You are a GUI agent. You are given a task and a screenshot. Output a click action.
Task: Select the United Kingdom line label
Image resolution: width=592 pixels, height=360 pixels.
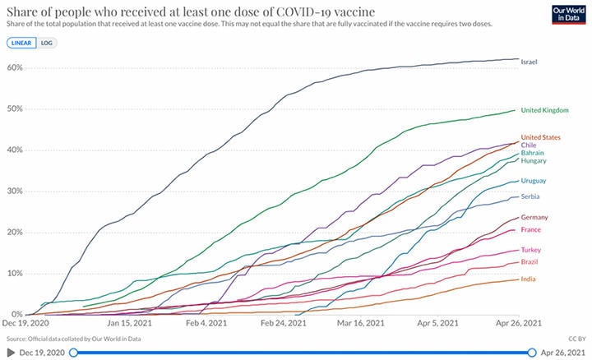click(545, 111)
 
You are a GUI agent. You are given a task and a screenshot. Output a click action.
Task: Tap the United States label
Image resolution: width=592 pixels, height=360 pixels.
click(541, 136)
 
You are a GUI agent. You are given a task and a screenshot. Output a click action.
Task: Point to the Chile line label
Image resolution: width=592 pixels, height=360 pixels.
click(529, 145)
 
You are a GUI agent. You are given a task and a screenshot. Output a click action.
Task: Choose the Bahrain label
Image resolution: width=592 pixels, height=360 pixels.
click(532, 153)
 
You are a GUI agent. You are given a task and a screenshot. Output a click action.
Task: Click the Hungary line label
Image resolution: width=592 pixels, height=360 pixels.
click(533, 161)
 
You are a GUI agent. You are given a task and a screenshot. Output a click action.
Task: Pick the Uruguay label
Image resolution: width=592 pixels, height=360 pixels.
click(534, 180)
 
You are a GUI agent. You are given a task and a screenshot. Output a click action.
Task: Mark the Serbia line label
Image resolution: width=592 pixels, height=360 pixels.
click(530, 197)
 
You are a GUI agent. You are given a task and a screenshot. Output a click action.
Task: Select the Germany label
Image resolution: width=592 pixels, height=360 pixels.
click(534, 217)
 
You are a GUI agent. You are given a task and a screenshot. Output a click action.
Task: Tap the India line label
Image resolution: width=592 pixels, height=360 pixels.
click(528, 279)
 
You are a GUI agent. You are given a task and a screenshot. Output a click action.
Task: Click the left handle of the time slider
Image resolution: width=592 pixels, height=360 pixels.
click(74, 352)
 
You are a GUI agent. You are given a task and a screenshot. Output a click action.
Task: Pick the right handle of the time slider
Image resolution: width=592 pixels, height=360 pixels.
click(530, 352)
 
